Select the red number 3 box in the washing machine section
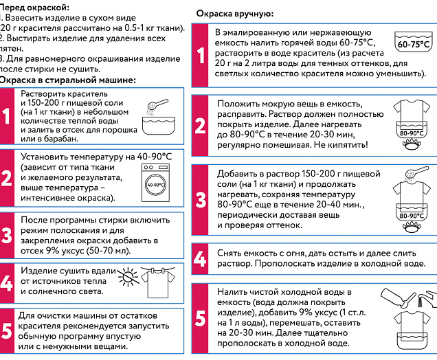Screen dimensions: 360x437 coord(6,235)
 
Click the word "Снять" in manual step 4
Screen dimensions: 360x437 coord(229,253)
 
